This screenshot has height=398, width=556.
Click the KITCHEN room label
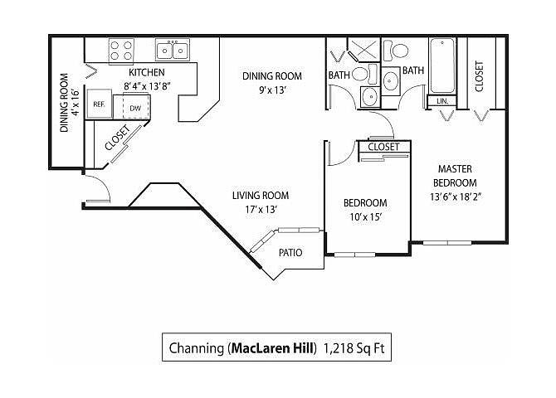point(146,72)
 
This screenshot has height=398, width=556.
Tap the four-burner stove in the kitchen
point(121,51)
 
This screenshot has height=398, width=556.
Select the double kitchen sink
point(173,50)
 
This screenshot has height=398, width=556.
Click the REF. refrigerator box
point(99,104)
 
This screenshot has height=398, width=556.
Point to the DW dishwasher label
point(135,109)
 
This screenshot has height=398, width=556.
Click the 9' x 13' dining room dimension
point(272,90)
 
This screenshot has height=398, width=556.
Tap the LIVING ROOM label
point(261,196)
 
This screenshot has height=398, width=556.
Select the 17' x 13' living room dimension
point(261,210)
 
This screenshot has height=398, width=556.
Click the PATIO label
point(290,253)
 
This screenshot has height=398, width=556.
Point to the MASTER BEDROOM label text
point(455,176)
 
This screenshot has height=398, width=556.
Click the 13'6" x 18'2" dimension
point(456,197)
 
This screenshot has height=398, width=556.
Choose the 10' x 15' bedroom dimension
point(365,217)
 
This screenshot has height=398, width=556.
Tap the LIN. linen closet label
point(442,101)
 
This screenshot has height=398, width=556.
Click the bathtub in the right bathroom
point(442,66)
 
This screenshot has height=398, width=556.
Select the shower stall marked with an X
point(364,50)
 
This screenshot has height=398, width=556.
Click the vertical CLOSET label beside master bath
point(479,76)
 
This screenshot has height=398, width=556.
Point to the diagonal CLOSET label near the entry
point(118,137)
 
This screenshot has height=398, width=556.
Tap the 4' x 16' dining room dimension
point(76,103)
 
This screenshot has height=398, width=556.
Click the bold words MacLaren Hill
point(272,348)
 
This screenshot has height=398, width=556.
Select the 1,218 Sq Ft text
point(354,348)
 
